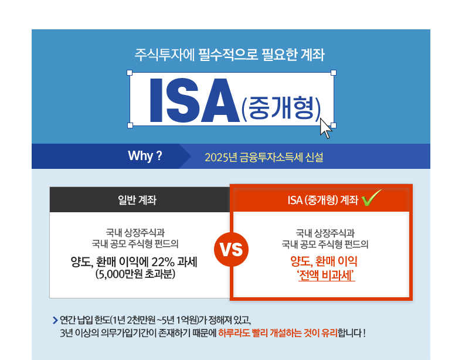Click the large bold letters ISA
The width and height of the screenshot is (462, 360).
(195, 100)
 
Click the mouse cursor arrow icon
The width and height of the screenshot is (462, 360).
(325, 128)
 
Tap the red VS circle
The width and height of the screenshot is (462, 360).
(232, 250)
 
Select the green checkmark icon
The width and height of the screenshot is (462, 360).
(371, 198)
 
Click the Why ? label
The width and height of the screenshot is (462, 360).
(145, 155)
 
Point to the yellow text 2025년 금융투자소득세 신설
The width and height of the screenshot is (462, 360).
(264, 157)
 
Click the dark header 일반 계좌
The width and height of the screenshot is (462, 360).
(137, 200)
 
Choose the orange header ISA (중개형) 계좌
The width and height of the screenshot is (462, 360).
(323, 201)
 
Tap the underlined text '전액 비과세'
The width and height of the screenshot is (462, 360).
(327, 276)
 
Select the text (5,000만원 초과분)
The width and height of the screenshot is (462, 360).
(135, 274)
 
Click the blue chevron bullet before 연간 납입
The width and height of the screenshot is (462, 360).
(55, 320)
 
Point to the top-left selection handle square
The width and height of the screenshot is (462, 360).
(130, 73)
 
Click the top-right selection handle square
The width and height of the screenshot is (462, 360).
(334, 73)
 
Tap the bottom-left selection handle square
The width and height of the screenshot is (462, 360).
(130, 125)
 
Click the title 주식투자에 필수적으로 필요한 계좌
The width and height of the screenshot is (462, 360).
(229, 55)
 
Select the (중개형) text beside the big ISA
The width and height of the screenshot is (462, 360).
(281, 108)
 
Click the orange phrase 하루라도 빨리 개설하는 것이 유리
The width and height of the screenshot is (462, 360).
(278, 333)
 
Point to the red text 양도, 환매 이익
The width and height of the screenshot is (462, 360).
(324, 261)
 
